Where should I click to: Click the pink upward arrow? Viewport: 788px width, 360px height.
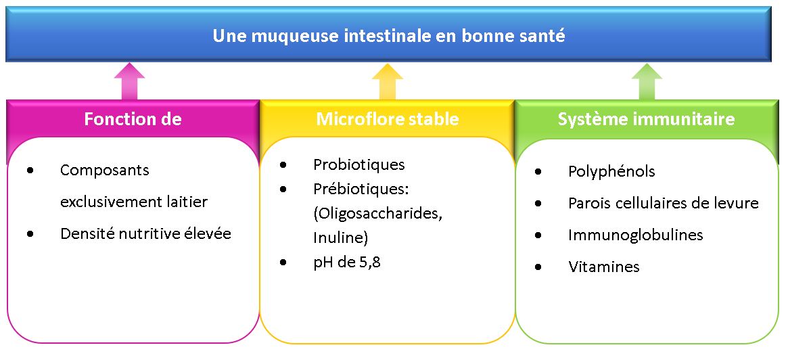pos(130,81)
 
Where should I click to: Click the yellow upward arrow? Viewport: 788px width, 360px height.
pos(388,81)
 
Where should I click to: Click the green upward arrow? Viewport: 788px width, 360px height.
pos(646,81)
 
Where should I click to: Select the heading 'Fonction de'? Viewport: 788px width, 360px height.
pos(133,119)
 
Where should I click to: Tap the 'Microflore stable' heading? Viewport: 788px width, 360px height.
pos(388,119)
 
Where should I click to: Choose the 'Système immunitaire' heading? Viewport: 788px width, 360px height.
pos(646,120)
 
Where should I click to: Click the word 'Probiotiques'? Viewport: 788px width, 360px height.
pos(358,164)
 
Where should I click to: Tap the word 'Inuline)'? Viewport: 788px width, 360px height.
pos(341,238)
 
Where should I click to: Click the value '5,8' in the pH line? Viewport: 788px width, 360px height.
pos(369,263)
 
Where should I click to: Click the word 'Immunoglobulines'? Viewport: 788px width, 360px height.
pos(636,235)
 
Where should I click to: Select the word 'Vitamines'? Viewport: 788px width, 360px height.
pos(604,267)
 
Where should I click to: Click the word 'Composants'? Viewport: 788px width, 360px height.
pos(105,171)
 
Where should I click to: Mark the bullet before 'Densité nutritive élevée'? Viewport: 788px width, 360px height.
pos(31,234)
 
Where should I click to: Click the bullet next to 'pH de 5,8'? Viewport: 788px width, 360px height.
pos(284,263)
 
